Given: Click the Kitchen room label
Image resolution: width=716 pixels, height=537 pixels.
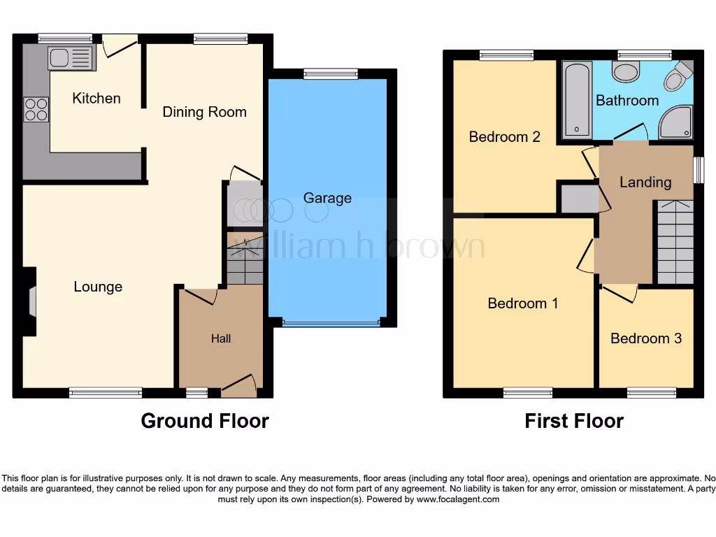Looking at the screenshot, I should [x=96, y=99].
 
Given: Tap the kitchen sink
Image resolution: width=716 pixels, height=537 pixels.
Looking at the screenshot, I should [x=71, y=58].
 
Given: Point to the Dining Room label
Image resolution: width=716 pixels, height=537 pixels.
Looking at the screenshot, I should [x=204, y=112].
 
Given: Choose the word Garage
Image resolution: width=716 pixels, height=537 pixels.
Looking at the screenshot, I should [x=327, y=198].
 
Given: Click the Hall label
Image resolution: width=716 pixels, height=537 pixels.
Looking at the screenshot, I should [x=221, y=338].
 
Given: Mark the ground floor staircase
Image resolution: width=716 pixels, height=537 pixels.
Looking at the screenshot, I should [x=244, y=259].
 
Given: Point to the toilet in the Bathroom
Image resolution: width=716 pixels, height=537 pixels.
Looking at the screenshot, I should [x=677, y=78].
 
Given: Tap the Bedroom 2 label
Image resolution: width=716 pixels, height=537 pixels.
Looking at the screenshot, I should [x=504, y=136].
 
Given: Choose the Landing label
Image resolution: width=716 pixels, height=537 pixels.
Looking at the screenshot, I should [x=645, y=182].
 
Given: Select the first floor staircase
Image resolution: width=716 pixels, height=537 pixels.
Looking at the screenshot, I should [x=675, y=241].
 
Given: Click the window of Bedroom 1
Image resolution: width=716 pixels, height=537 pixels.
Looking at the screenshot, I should [x=527, y=393].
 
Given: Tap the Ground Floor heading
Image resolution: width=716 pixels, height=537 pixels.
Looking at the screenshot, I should [x=204, y=421].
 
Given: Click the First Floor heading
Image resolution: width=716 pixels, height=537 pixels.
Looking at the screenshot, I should [x=574, y=421].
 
